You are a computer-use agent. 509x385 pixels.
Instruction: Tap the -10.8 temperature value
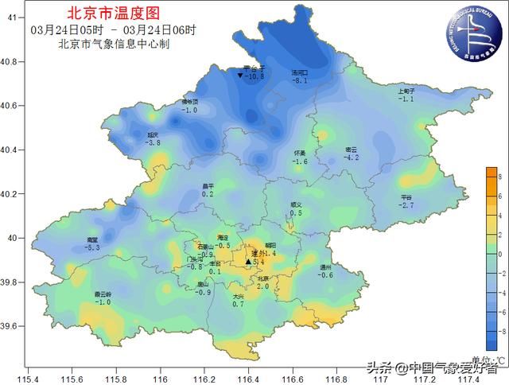[253, 77]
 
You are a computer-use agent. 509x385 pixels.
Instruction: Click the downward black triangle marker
[240, 76]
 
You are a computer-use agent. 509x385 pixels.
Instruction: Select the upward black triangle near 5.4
[248, 261]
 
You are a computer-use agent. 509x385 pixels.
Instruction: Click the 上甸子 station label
[406, 91]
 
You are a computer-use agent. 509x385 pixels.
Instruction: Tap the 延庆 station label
[153, 134]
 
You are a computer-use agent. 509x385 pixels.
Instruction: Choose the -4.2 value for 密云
[351, 157]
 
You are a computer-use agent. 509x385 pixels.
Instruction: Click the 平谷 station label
[406, 197]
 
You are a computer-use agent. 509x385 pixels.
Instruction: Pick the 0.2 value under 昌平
[208, 194]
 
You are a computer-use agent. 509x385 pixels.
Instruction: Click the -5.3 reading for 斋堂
[92, 248]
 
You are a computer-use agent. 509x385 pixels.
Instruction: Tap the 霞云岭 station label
[103, 294]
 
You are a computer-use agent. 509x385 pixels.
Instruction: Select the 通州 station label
[325, 267]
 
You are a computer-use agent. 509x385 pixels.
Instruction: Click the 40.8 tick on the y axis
[11, 61]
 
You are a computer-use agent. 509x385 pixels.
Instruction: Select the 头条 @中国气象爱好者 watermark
[433, 367]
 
